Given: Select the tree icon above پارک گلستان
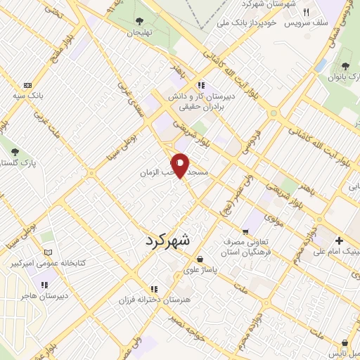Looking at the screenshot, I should click(x=15, y=151).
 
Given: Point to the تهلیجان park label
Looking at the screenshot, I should click(x=139, y=32).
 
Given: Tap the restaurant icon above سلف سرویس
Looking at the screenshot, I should click(x=306, y=12).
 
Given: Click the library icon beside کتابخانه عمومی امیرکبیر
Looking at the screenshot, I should click(x=48, y=252).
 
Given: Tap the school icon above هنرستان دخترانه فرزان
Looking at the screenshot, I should click(x=154, y=289).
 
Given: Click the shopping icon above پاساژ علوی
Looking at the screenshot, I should click(x=200, y=258).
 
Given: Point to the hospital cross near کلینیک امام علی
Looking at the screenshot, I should click(x=338, y=240).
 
